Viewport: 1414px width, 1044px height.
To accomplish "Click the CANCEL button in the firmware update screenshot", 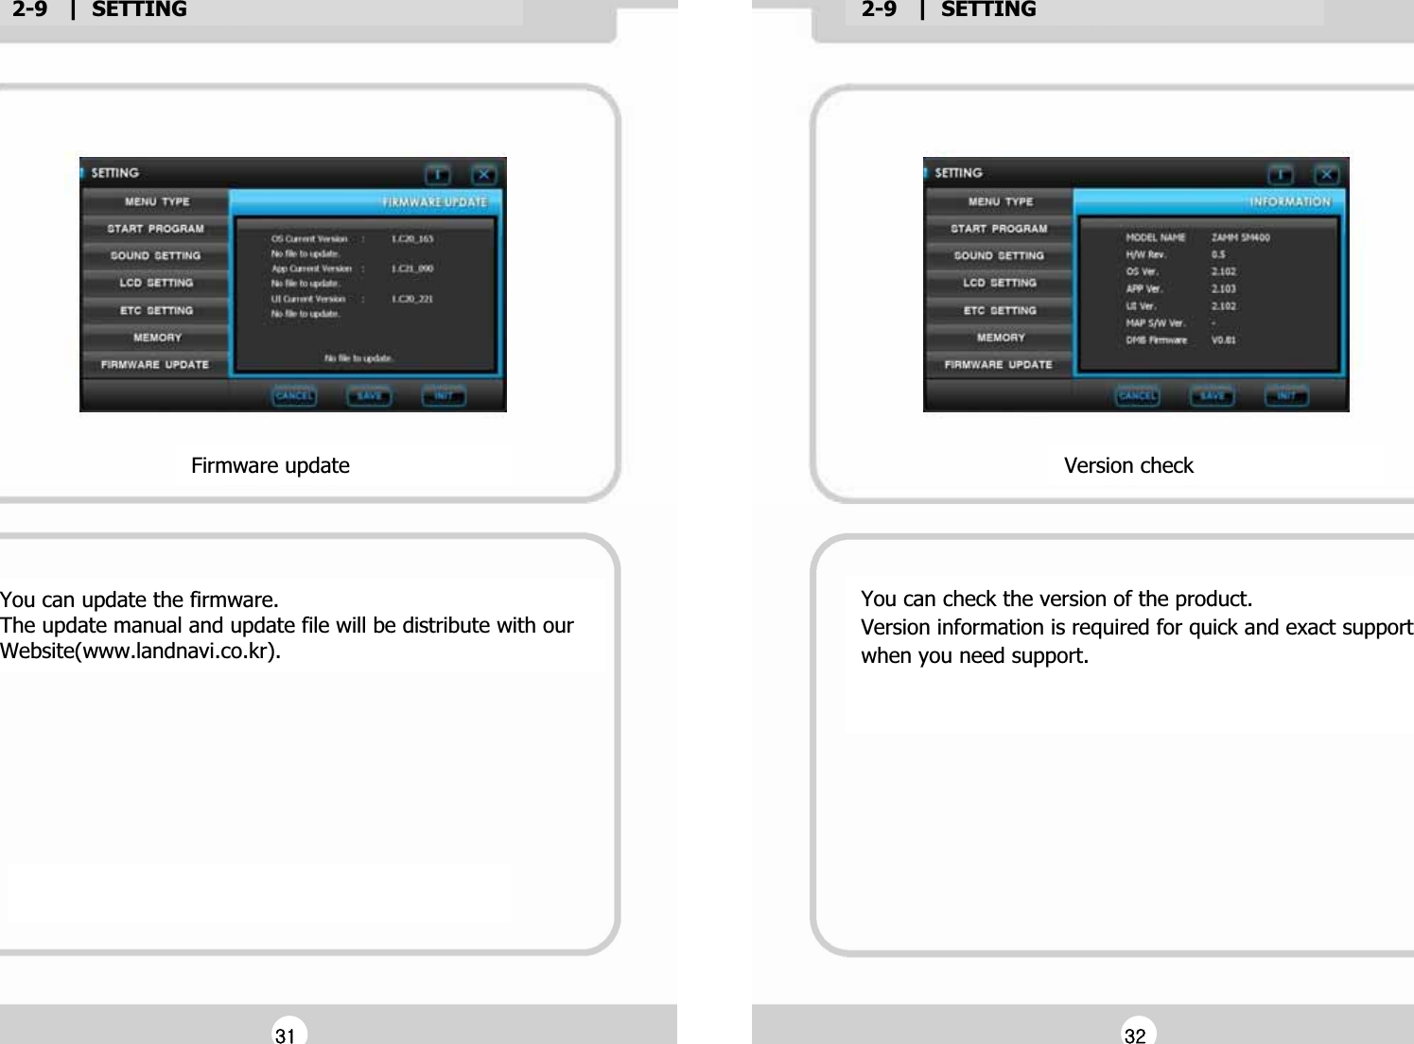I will [x=294, y=396].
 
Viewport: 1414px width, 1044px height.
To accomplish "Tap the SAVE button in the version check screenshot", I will [x=1212, y=396].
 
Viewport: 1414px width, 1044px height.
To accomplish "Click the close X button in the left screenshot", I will [x=483, y=175].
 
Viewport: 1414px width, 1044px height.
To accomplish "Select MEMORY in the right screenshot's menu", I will [x=1000, y=338].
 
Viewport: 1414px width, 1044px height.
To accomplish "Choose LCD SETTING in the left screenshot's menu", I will [x=156, y=283].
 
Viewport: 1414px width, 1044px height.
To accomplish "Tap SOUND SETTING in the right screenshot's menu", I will [x=999, y=255].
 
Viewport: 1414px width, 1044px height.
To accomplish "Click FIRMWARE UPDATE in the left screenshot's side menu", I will [x=155, y=364].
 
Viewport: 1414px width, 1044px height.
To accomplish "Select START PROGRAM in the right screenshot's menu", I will [x=999, y=229].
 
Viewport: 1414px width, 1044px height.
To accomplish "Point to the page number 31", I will [x=285, y=1035].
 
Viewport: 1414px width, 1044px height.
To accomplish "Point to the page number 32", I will [x=1135, y=1035].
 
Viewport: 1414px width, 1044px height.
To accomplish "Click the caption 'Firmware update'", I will [x=271, y=465].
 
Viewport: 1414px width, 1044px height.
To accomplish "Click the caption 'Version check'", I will [x=1128, y=465].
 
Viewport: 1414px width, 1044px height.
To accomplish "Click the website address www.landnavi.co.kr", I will [x=179, y=652].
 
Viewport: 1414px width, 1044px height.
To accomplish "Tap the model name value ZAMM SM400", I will [x=1240, y=237].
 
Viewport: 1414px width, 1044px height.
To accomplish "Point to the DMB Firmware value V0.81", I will [x=1224, y=339].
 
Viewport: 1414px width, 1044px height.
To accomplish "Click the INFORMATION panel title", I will [x=1289, y=201].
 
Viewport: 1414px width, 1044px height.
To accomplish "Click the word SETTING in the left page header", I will [x=139, y=9].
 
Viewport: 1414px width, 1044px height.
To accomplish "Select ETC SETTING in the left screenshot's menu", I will [x=156, y=310].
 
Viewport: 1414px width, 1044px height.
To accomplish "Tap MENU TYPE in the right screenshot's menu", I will [x=1000, y=201].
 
